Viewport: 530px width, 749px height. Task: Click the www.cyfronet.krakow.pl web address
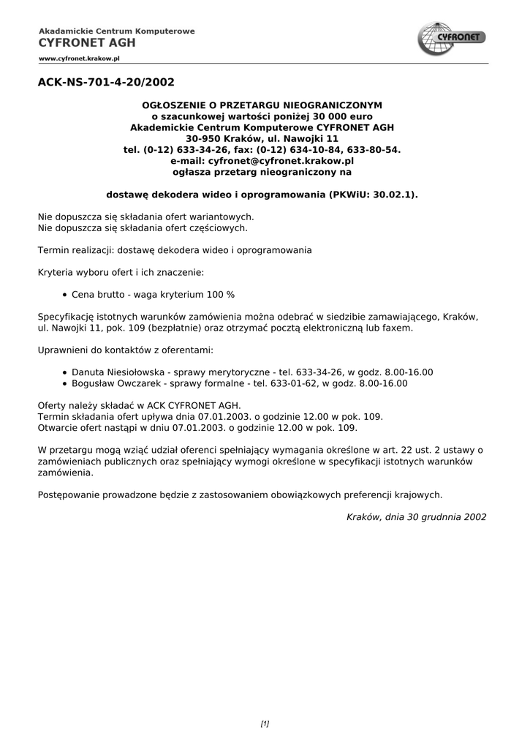click(79, 57)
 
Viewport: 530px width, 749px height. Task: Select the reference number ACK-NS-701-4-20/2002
click(106, 83)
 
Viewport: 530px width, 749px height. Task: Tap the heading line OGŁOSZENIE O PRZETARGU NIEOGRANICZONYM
click(262, 105)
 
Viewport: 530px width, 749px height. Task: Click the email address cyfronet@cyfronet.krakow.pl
click(281, 160)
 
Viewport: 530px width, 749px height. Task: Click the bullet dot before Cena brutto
click(66, 295)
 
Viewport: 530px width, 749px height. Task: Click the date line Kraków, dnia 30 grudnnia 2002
click(416, 516)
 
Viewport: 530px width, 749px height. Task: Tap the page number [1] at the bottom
click(265, 724)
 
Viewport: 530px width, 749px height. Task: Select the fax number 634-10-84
click(319, 149)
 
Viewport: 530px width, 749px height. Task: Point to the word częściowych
click(217, 227)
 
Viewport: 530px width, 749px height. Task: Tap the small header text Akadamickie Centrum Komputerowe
click(117, 31)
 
